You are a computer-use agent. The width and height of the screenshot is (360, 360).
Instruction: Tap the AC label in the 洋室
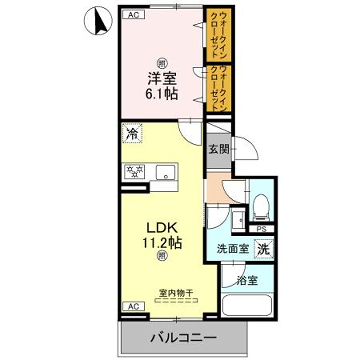(132, 14)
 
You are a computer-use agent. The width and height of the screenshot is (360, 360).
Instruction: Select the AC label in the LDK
(131, 304)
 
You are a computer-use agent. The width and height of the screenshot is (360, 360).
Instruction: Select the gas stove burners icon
(132, 171)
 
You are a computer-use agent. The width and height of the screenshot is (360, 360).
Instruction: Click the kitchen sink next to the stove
(164, 171)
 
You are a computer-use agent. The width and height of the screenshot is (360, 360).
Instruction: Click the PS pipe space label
(260, 227)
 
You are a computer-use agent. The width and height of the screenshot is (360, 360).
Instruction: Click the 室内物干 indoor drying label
(176, 292)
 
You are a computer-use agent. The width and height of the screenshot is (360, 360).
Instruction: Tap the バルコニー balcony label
(183, 336)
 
